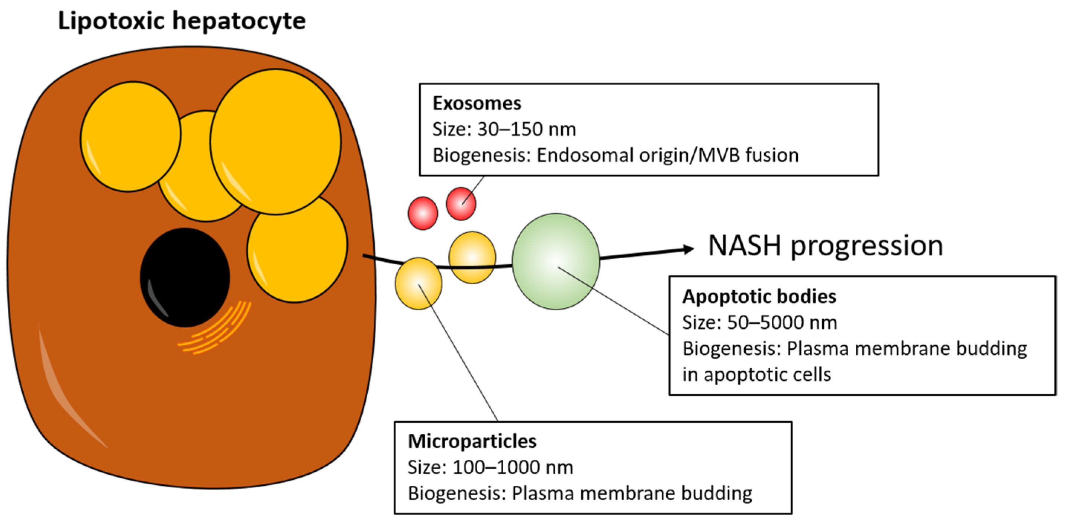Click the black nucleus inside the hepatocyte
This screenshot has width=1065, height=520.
click(185, 277)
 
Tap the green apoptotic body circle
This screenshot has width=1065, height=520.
click(556, 261)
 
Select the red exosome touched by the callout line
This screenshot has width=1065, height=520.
click(461, 203)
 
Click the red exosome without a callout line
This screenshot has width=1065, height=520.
click(423, 213)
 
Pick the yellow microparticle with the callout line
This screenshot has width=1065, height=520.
click(418, 284)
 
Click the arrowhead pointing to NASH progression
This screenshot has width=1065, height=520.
click(688, 249)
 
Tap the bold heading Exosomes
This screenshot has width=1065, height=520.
click(477, 103)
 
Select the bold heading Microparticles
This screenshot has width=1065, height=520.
click(472, 442)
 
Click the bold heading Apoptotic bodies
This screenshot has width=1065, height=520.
click(759, 297)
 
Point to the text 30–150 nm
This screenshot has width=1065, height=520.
click(526, 129)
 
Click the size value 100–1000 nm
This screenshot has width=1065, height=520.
click(513, 468)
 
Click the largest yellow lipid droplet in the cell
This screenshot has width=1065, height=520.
click(275, 141)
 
